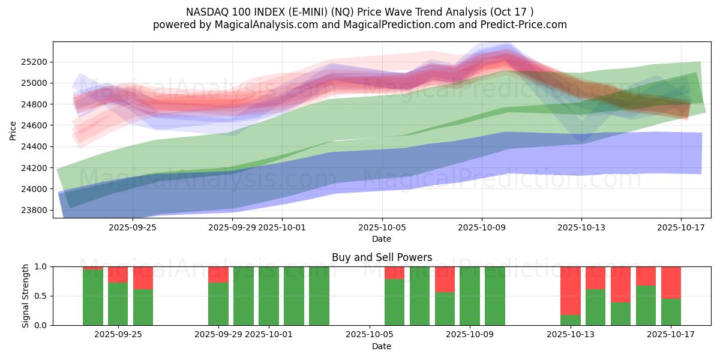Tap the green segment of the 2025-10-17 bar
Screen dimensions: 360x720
tap(671, 312)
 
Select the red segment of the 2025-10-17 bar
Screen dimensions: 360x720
tap(671, 282)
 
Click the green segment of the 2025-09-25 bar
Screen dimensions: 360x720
tap(118, 304)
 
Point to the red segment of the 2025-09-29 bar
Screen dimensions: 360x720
tap(218, 274)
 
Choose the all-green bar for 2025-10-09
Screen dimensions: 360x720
tap(470, 296)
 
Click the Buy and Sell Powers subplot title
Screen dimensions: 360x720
tap(382, 257)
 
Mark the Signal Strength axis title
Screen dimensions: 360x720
tap(25, 296)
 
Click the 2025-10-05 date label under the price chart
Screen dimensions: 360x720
tap(382, 227)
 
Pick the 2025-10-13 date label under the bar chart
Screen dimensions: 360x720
tap(581, 334)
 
